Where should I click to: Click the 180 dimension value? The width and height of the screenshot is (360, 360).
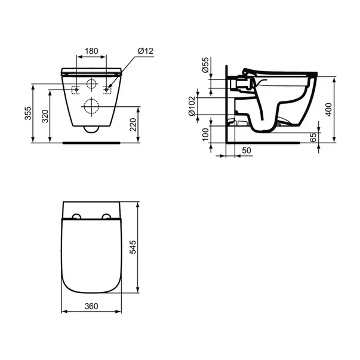tap(92, 51)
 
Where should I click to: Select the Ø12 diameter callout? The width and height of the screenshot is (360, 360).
tap(145, 51)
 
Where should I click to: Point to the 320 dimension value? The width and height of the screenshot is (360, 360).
tap(44, 117)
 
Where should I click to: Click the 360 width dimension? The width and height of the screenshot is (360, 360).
tap(91, 306)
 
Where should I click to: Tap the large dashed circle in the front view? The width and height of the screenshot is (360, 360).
tap(92, 106)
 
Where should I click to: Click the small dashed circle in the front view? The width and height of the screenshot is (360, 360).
tap(92, 84)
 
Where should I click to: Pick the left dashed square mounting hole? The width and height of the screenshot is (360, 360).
tap(76, 90)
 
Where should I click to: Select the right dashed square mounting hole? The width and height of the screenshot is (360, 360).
tap(108, 90)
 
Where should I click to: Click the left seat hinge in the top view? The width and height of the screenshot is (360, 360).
tap(76, 216)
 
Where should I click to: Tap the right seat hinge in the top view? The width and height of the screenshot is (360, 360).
tap(107, 216)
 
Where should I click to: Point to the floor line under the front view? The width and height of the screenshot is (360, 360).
tap(92, 142)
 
